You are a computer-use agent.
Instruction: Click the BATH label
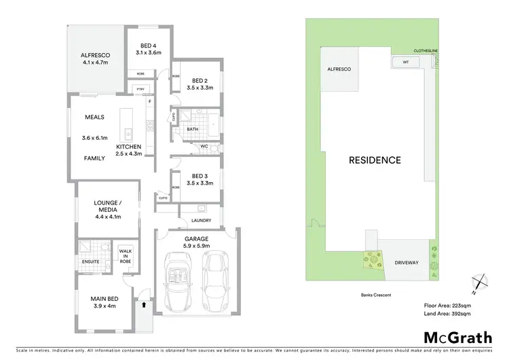pyautogui.click(x=192, y=128)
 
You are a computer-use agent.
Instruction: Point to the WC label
pyautogui.click(x=204, y=146)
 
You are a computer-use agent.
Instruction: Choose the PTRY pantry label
pyautogui.click(x=140, y=89)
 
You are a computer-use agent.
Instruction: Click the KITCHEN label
pyautogui.click(x=128, y=147)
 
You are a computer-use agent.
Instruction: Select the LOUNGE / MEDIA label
pyautogui.click(x=107, y=205)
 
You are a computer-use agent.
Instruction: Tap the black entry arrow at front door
pyautogui.click(x=144, y=306)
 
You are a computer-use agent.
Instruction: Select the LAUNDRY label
pyautogui.click(x=201, y=221)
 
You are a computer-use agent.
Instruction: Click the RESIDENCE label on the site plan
pyautogui.click(x=375, y=160)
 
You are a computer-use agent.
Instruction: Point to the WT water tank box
pyautogui.click(x=406, y=62)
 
